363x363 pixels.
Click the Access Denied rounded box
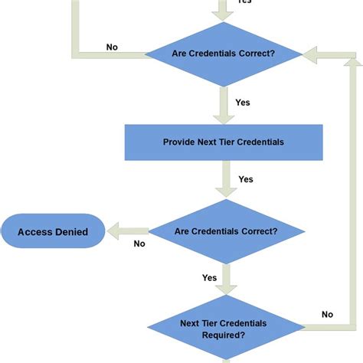53,231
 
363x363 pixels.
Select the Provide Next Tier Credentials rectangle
223,142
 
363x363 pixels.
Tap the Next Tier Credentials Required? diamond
224,329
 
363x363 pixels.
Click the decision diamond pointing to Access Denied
225,231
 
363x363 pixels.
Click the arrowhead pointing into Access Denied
113,231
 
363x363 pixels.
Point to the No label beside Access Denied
139,244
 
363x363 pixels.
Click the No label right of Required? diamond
327,314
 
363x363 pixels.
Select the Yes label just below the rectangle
245,179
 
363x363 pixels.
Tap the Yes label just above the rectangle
243,102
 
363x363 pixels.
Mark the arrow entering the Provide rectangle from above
224,105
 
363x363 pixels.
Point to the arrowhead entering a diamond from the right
309,54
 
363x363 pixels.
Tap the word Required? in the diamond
224,335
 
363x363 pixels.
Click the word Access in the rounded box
34,231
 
